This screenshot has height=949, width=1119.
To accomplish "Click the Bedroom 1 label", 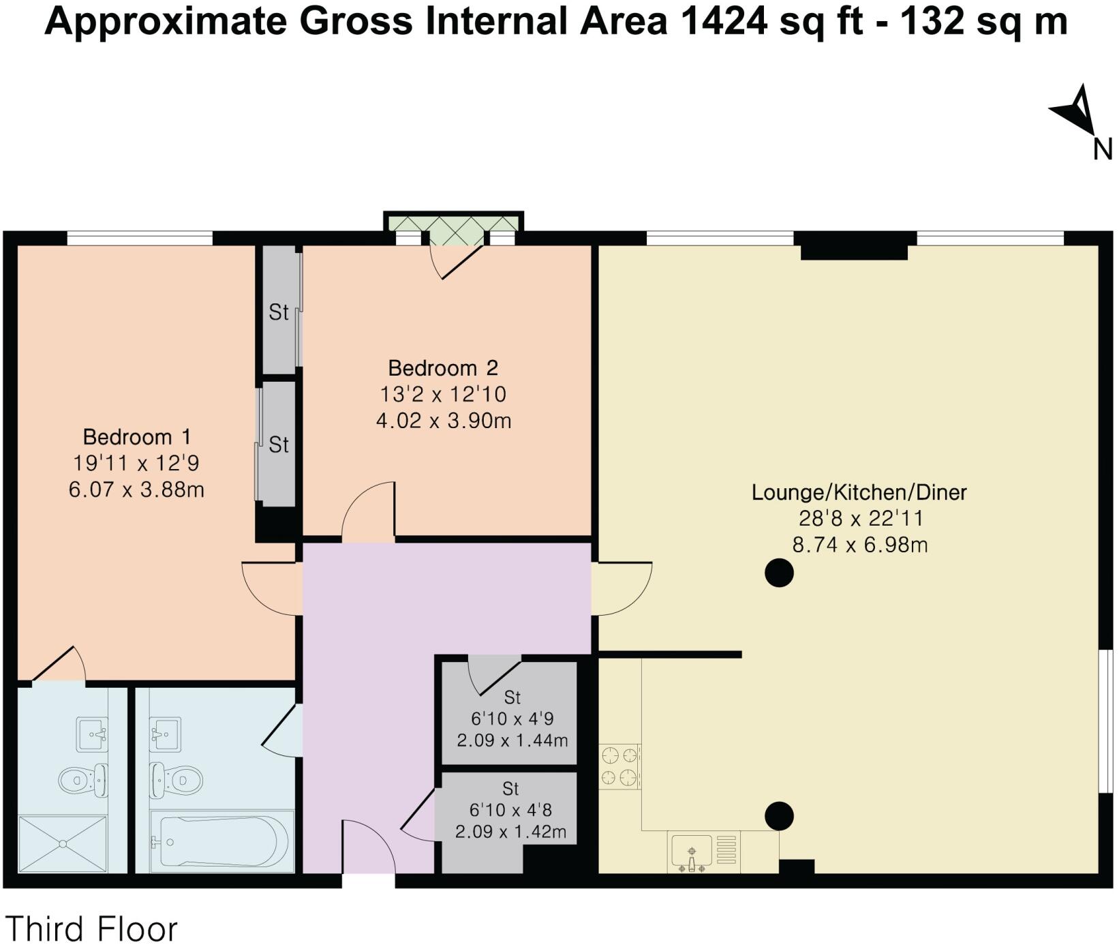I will [136, 436].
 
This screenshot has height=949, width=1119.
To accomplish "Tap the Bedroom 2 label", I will [443, 368].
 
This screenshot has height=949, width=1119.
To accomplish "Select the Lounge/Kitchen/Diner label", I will [859, 492].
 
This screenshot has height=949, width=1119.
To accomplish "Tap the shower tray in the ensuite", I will [63, 844].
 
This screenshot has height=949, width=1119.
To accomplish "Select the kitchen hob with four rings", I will [619, 766].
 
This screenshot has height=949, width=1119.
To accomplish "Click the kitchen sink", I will [691, 852].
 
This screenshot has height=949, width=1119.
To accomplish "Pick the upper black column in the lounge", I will [779, 573].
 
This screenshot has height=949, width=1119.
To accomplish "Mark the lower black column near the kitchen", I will [779, 815].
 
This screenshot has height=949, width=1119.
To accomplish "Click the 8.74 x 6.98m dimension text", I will [859, 545].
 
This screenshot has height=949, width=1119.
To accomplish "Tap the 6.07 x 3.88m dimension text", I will [136, 489].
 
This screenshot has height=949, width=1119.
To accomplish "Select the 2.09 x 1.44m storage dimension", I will [512, 740].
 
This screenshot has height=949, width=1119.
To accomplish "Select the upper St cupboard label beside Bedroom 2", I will [279, 312].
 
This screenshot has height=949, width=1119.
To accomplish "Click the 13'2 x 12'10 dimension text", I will [443, 394].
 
